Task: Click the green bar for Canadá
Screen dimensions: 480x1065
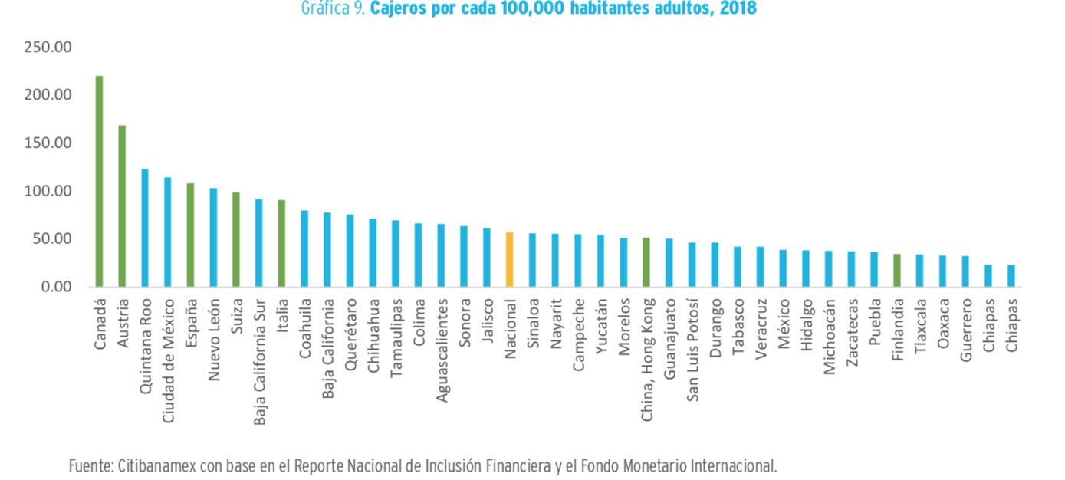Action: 100,181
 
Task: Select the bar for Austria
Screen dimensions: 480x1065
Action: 122,206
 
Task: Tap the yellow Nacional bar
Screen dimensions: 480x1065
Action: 509,259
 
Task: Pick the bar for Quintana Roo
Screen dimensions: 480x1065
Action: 145,228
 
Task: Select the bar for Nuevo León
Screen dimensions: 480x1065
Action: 213,237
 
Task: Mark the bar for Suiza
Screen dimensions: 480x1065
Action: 236,239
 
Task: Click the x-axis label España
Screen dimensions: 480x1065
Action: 190,323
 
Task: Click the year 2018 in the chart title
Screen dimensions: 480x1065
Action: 738,9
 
